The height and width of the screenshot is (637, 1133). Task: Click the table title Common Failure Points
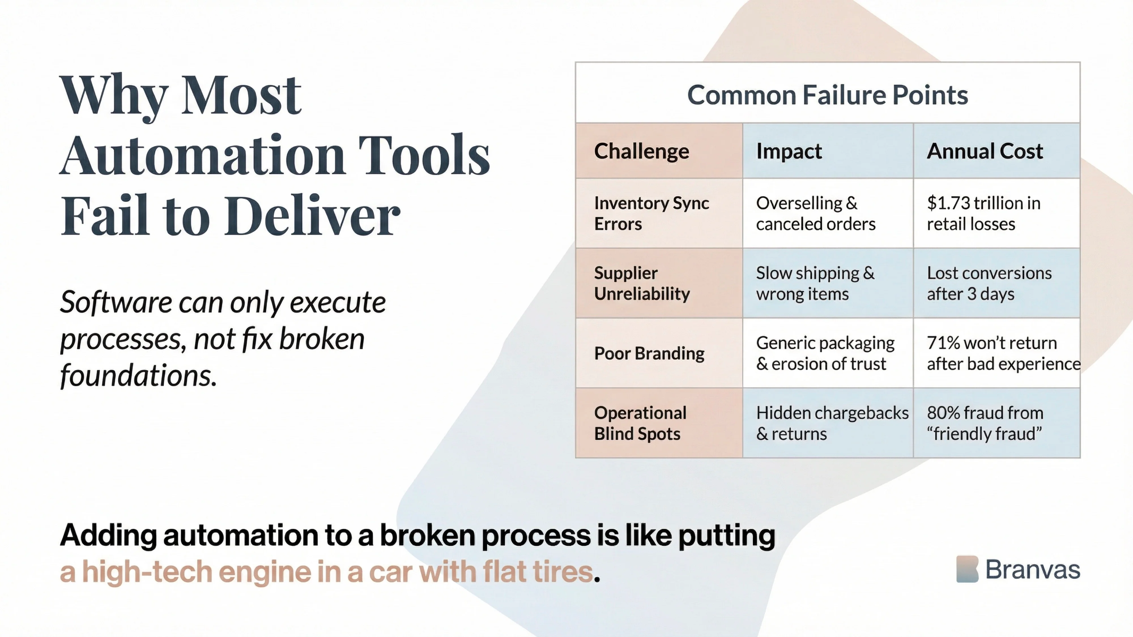827,95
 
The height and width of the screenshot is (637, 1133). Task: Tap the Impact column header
789,151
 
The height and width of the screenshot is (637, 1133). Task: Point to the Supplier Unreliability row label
642,283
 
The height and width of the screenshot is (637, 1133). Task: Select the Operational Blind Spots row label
640,423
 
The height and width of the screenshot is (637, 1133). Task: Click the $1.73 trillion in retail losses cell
983,213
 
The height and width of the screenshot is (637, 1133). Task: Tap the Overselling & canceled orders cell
815,213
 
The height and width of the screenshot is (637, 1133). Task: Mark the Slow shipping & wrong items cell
815,283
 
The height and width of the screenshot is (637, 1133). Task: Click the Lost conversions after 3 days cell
989,283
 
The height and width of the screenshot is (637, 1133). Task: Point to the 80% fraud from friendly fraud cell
985,423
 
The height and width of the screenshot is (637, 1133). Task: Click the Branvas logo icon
967,569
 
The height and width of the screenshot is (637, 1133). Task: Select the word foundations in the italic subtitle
139,376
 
